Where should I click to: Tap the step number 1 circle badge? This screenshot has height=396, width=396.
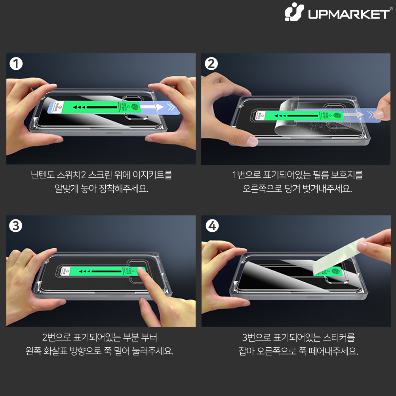tap(16, 64)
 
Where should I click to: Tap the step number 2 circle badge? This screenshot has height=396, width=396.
tap(211, 64)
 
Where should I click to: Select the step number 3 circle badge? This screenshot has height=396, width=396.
tap(16, 226)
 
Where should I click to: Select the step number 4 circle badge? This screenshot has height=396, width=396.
tap(211, 226)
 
